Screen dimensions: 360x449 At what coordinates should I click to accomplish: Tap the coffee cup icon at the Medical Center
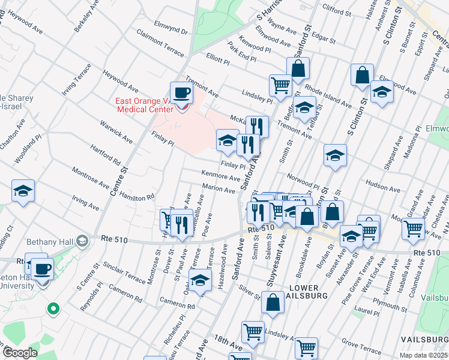(x=181, y=92)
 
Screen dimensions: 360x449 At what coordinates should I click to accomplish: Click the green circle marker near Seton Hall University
(x=53, y=310)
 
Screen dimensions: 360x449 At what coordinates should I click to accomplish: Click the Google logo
(x=20, y=353)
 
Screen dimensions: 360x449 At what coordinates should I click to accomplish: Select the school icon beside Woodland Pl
(x=23, y=191)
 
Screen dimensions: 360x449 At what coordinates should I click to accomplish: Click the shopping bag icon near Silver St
(x=273, y=304)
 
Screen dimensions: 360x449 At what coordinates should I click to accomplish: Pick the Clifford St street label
(x=336, y=10)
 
